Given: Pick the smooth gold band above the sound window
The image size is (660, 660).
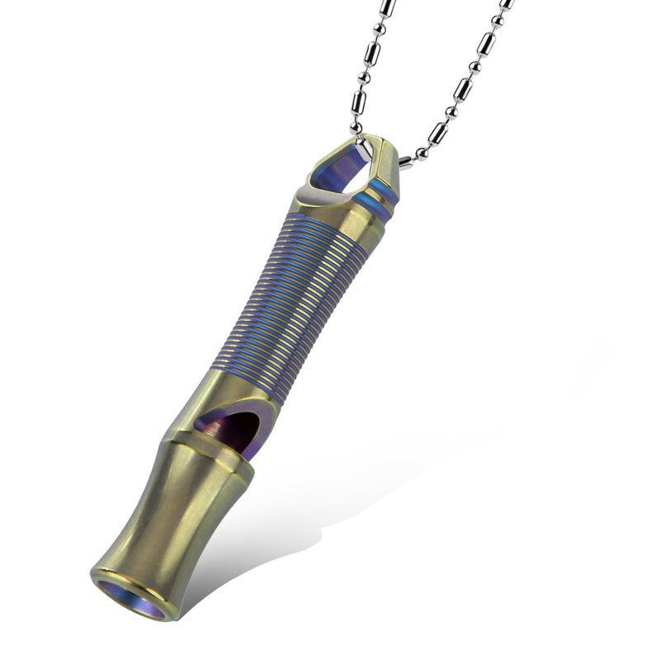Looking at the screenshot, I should [247, 392].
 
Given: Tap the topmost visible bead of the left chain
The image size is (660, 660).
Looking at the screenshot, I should [387, 5].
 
